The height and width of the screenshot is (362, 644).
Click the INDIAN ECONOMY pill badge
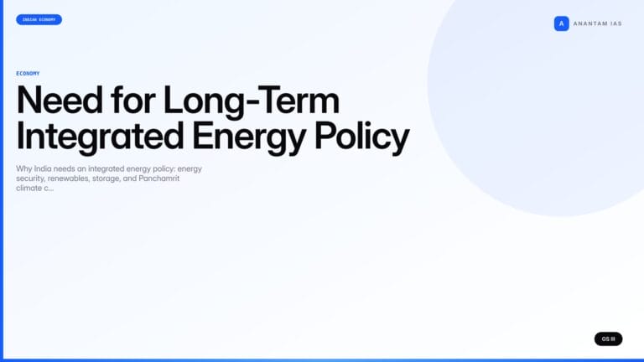[39, 19]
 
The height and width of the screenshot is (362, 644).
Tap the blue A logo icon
[561, 23]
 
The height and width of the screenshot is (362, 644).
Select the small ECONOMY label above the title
[28, 74]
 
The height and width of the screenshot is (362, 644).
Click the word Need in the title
[59, 101]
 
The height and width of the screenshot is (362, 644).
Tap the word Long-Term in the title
[252, 101]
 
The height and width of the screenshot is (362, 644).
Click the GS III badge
[608, 339]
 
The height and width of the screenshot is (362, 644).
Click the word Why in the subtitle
[23, 168]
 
